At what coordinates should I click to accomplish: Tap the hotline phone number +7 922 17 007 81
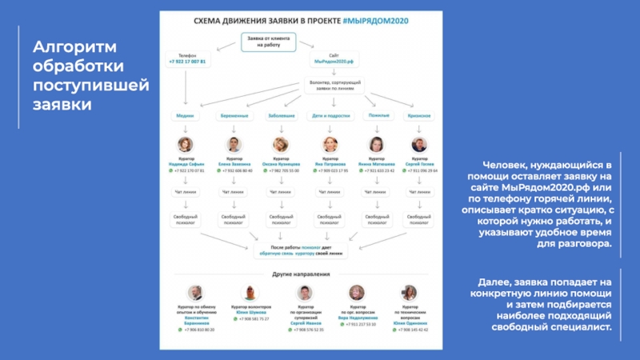186,61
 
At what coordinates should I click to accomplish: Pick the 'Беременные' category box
233,116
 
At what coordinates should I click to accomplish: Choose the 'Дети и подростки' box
329,116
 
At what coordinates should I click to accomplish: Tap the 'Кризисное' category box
418,116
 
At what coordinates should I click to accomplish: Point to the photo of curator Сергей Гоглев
418,145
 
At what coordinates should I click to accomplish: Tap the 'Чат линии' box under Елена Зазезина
233,192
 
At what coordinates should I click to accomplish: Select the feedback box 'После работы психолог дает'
301,250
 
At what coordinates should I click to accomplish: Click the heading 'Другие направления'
301,274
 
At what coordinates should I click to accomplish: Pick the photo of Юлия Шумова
250,292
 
